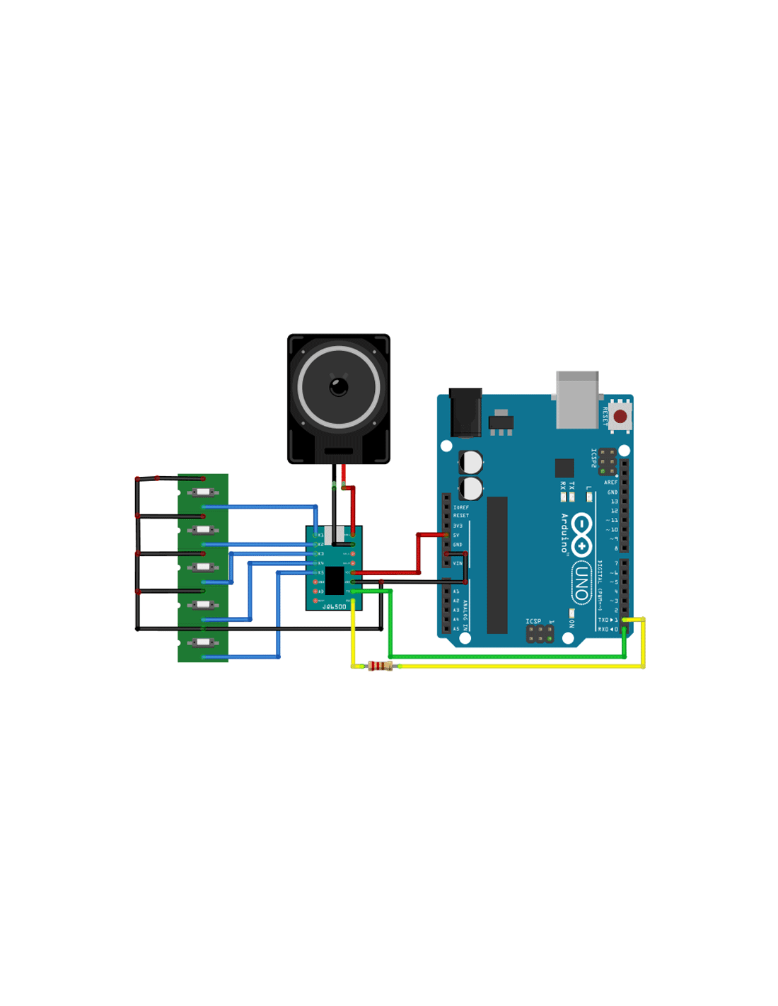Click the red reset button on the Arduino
[620, 417]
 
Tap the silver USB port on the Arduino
[577, 400]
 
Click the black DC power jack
[465, 412]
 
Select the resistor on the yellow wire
[380, 666]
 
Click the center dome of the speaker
[339, 387]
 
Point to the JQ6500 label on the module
[335, 606]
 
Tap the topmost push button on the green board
[203, 492]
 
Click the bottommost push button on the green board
[203, 642]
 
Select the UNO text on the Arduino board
[581, 583]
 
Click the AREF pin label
[610, 482]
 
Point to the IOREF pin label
[460, 507]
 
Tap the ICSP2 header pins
[607, 461]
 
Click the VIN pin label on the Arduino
[458, 563]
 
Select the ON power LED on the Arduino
[571, 613]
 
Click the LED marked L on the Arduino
[589, 497]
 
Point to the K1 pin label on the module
[320, 535]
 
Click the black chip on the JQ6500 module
[335, 580]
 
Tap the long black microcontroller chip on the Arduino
[497, 565]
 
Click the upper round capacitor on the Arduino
[472, 463]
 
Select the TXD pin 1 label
[608, 620]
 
